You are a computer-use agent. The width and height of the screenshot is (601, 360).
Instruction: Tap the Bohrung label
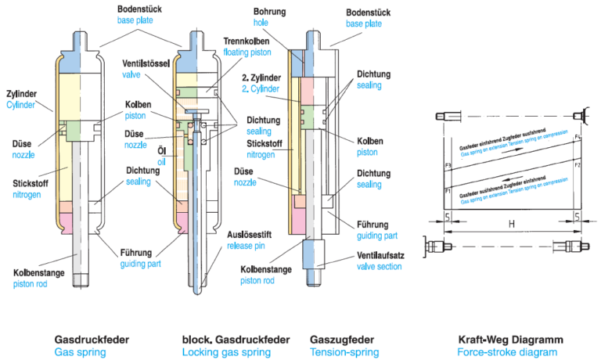(272, 13)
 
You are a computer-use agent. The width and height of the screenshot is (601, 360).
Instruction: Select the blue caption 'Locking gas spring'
(227, 352)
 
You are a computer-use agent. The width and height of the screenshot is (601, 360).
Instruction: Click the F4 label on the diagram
(578, 138)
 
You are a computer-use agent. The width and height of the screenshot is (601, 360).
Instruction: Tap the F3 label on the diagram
(448, 166)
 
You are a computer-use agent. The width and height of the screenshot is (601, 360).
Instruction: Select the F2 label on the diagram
(578, 165)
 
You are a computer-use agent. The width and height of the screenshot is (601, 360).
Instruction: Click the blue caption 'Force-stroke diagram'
(507, 352)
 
